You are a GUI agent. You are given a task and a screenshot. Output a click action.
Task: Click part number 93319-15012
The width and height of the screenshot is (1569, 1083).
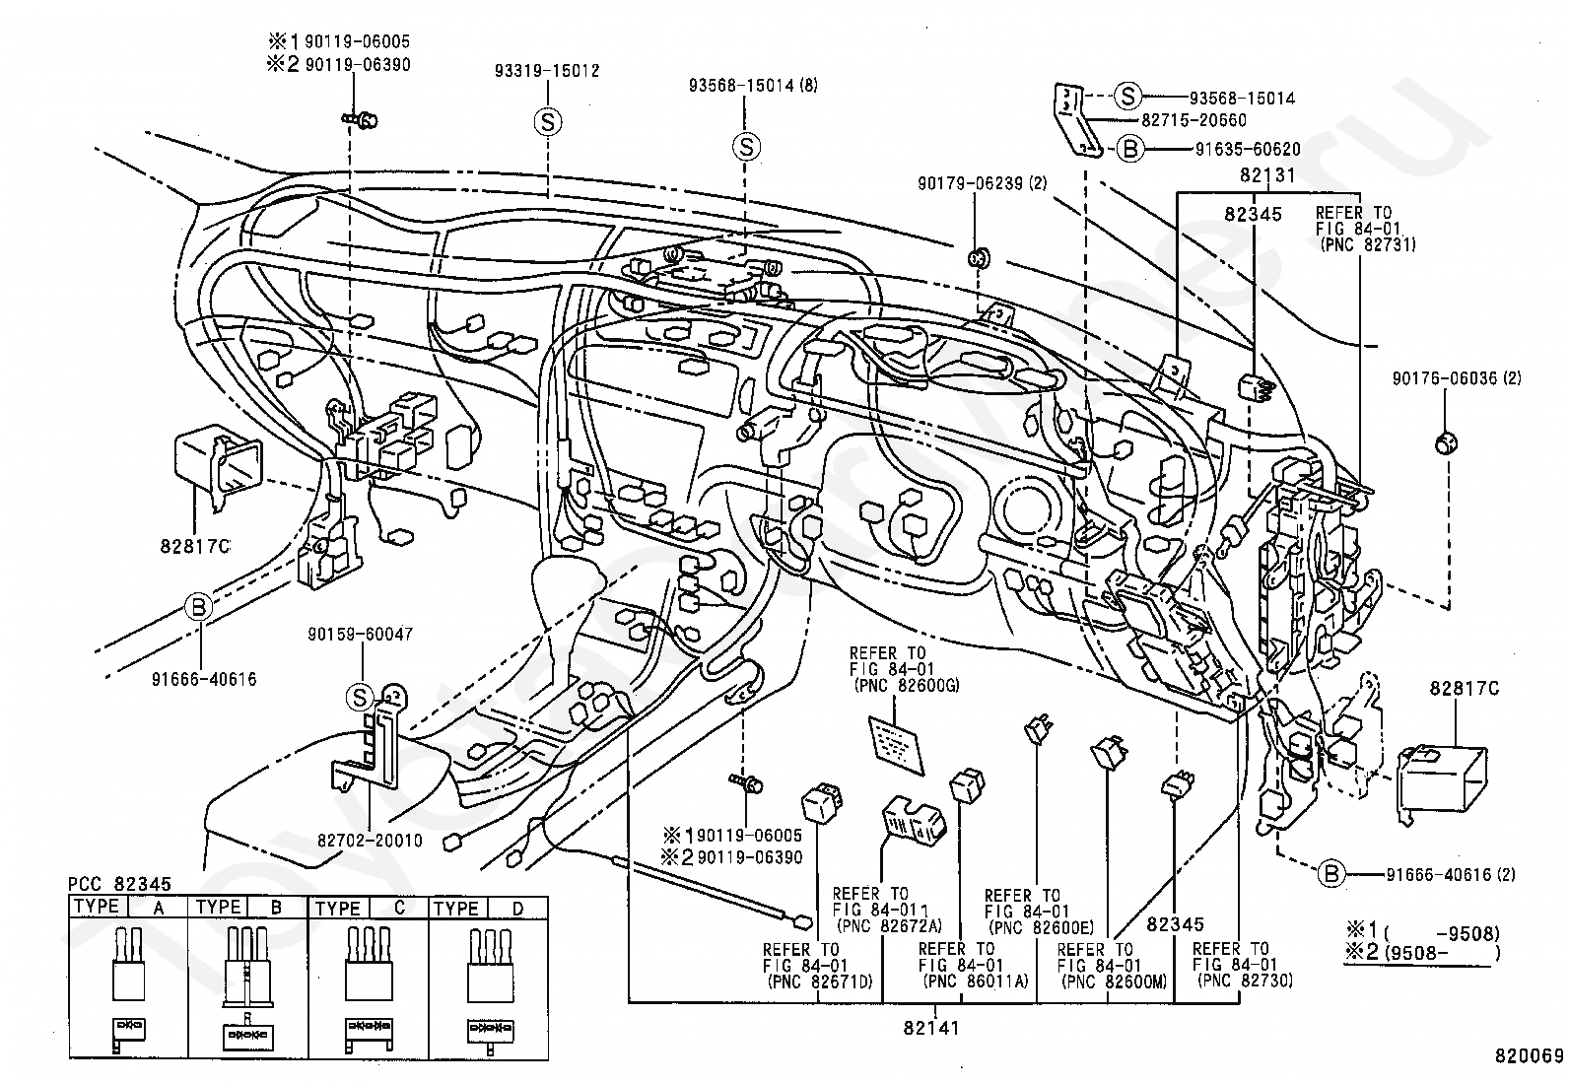(547, 71)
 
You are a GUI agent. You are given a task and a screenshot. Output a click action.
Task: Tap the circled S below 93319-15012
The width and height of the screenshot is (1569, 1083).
(548, 122)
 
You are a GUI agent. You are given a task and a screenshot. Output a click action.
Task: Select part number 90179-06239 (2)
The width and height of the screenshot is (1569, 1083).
(982, 183)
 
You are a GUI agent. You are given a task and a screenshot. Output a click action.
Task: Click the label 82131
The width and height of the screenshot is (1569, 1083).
(1267, 174)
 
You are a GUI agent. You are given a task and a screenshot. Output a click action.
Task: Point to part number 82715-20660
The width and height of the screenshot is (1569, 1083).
(1194, 120)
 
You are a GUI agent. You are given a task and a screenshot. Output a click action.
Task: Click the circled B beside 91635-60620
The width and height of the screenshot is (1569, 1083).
(1129, 149)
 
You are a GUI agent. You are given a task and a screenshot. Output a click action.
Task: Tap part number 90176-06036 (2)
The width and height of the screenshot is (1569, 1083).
(1457, 378)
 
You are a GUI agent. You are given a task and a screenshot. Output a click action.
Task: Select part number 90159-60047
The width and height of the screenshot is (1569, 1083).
(360, 634)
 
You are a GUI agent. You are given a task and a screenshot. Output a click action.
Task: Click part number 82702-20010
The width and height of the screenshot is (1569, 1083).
(370, 840)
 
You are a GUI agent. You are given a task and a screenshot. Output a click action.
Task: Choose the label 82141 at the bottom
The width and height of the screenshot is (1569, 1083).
(931, 1028)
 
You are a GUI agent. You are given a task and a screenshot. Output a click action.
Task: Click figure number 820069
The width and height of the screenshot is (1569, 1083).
(1529, 1055)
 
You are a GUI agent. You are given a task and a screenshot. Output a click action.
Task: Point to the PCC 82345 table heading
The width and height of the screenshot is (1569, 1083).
(119, 884)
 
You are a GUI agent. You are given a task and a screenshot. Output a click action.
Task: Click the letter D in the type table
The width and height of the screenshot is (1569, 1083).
(517, 909)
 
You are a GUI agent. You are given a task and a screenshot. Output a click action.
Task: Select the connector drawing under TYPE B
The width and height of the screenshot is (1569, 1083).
(247, 988)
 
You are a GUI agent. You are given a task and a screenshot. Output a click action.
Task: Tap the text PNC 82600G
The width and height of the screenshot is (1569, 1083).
(910, 685)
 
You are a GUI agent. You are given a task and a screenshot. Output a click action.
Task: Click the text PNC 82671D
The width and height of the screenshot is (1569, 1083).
(821, 981)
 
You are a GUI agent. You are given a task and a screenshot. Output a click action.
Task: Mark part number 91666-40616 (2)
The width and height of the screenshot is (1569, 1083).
(1451, 874)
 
